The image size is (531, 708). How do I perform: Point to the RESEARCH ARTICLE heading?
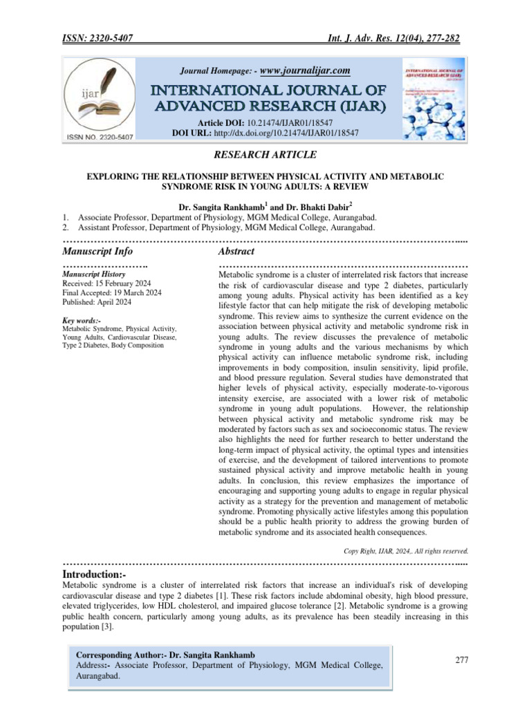pos(265,156)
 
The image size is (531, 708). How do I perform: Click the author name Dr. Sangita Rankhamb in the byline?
pos(216,207)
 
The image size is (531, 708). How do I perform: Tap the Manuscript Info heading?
pos(97,251)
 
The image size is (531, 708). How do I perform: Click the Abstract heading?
pos(236,251)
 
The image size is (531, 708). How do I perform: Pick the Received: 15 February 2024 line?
pos(108,283)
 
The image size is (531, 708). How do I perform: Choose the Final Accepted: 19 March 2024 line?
pos(112,293)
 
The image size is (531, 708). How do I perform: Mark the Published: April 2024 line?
pos(97,303)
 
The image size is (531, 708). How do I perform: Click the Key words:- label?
pos(82,321)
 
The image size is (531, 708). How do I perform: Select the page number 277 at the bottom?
pos(462,660)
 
